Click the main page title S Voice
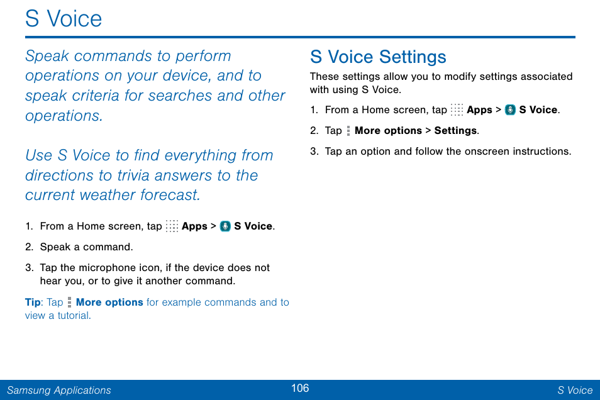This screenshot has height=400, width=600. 64,19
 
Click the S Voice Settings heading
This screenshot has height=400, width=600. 378,57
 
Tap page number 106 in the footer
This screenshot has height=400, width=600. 300,388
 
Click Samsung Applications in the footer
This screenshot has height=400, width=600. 58,390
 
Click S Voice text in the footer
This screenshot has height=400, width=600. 574,390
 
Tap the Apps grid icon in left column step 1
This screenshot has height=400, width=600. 172,226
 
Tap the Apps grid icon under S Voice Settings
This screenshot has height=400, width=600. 457,110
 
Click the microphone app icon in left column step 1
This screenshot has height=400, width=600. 225,226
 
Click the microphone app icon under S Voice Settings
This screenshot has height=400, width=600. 510,110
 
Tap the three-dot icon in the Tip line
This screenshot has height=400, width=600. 69,303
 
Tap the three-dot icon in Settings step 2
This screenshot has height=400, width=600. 348,131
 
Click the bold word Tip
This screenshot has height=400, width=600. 33,303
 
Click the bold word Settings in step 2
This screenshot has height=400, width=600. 455,131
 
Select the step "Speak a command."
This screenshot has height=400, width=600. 86,247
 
